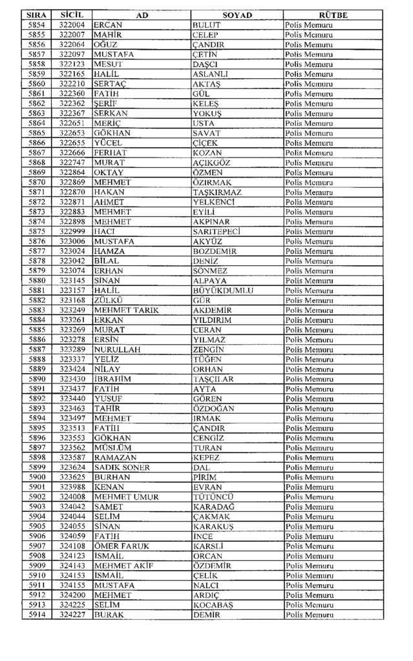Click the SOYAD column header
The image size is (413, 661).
[237, 15]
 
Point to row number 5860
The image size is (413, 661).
[37, 84]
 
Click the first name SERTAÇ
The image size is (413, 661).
[109, 84]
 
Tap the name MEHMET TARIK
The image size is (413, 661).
[127, 310]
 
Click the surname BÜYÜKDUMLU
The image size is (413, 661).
[223, 290]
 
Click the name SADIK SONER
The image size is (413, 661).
[122, 467]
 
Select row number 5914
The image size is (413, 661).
[37, 615]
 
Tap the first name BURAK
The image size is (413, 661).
[109, 615]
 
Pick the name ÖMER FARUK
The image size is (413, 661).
[122, 546]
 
